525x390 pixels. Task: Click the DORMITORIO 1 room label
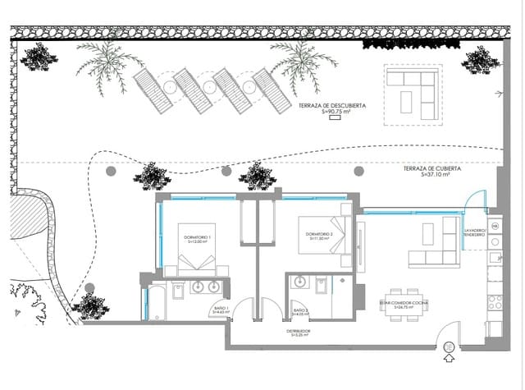(x=199, y=239)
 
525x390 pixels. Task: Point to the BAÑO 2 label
(x=301, y=312)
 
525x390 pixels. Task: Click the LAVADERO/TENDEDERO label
(x=477, y=232)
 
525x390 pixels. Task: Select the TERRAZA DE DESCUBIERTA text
(x=332, y=108)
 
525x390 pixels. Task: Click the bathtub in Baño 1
(x=156, y=301)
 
